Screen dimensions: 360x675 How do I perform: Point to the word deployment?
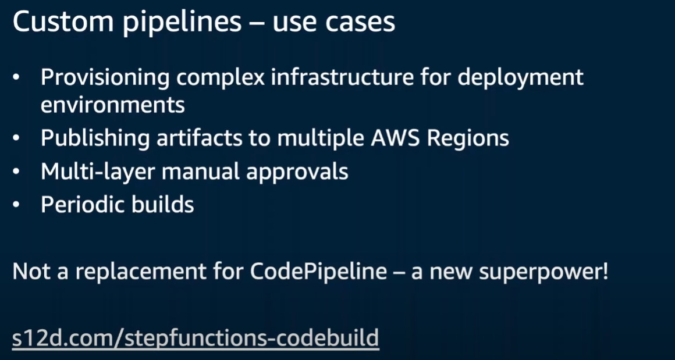click(520, 77)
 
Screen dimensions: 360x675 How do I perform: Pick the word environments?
click(113, 105)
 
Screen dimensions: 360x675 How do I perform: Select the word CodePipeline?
click(318, 272)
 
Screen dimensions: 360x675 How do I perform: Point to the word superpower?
click(543, 272)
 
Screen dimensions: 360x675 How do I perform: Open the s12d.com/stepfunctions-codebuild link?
click(196, 338)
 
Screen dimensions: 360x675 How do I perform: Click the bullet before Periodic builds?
click(17, 205)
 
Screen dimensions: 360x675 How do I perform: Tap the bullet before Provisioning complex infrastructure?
click(17, 77)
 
